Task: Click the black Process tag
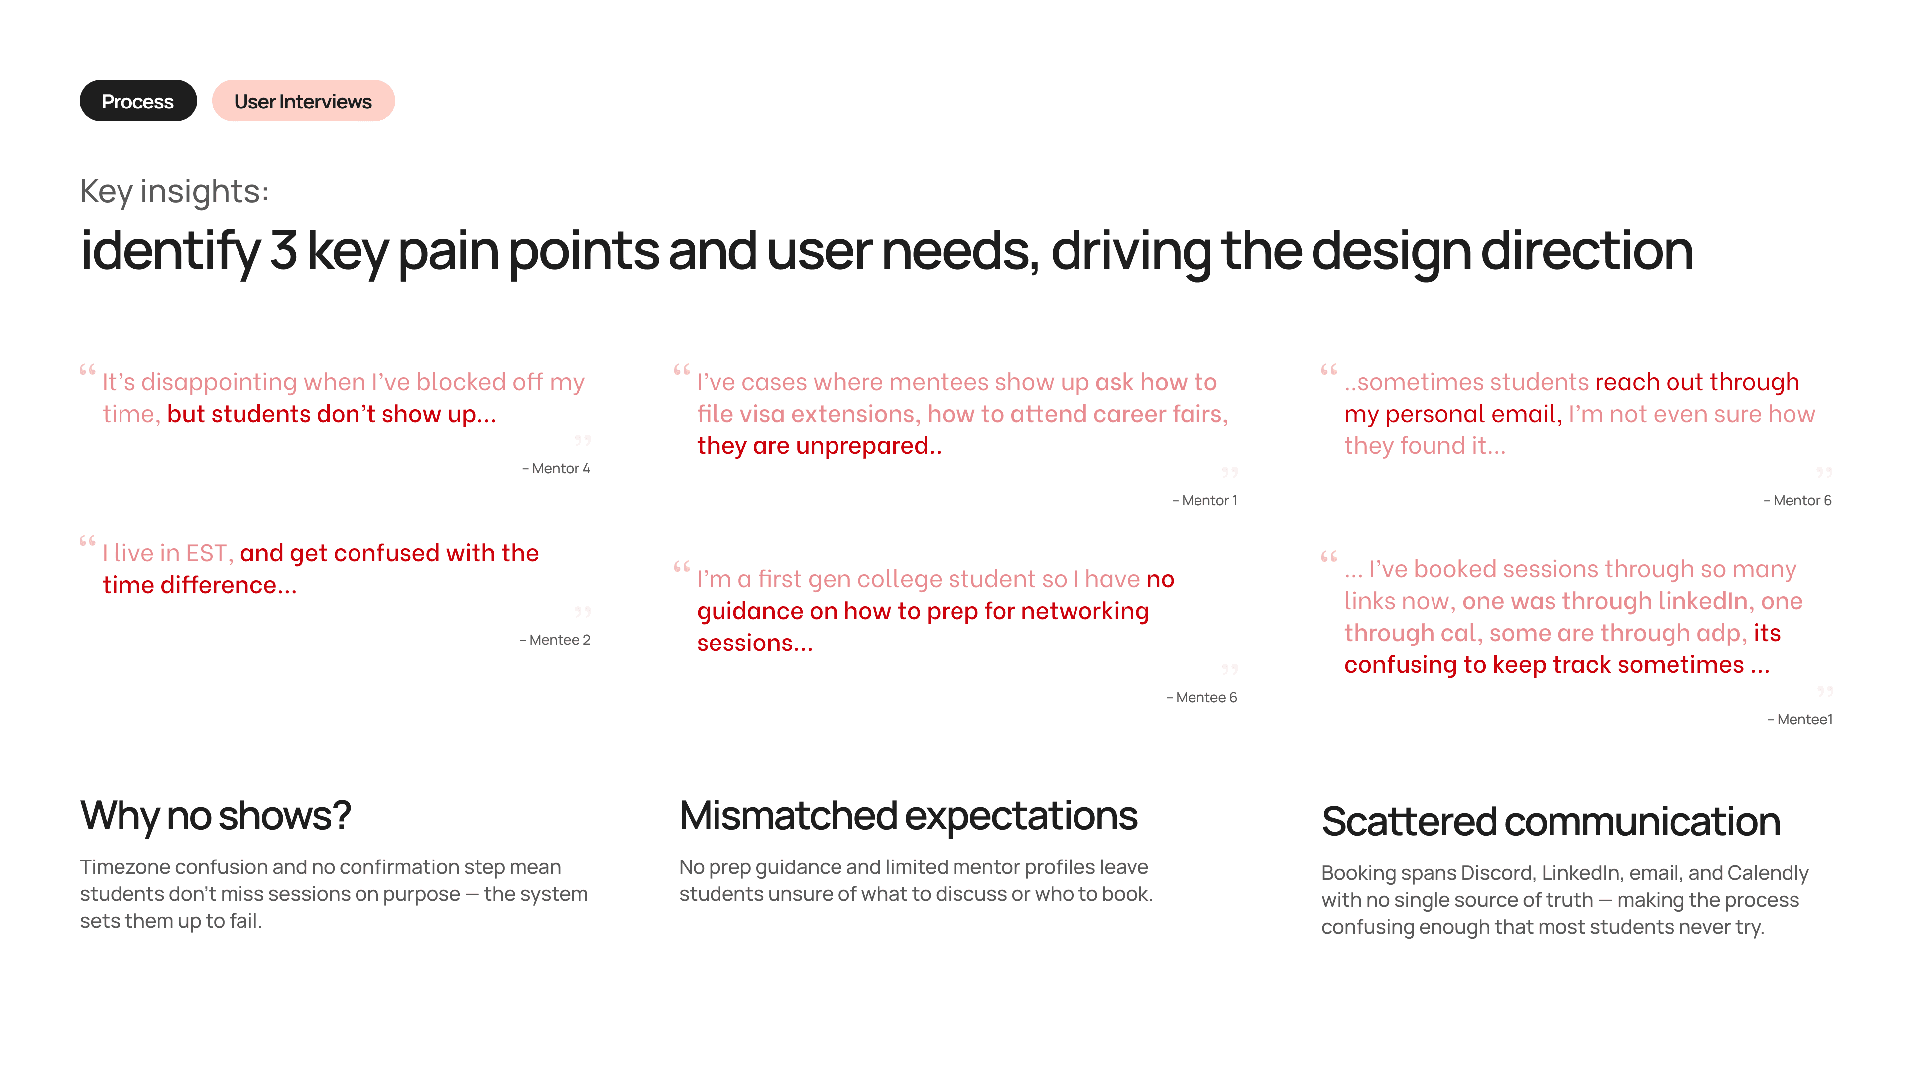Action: click(x=138, y=101)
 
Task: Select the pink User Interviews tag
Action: click(x=303, y=101)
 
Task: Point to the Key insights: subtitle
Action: click(x=174, y=192)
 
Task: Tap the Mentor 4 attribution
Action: click(x=556, y=469)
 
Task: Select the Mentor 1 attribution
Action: click(x=1204, y=501)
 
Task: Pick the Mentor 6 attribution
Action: click(x=1797, y=501)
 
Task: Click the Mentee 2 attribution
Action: click(x=555, y=640)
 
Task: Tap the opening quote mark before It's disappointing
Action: click(x=88, y=369)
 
